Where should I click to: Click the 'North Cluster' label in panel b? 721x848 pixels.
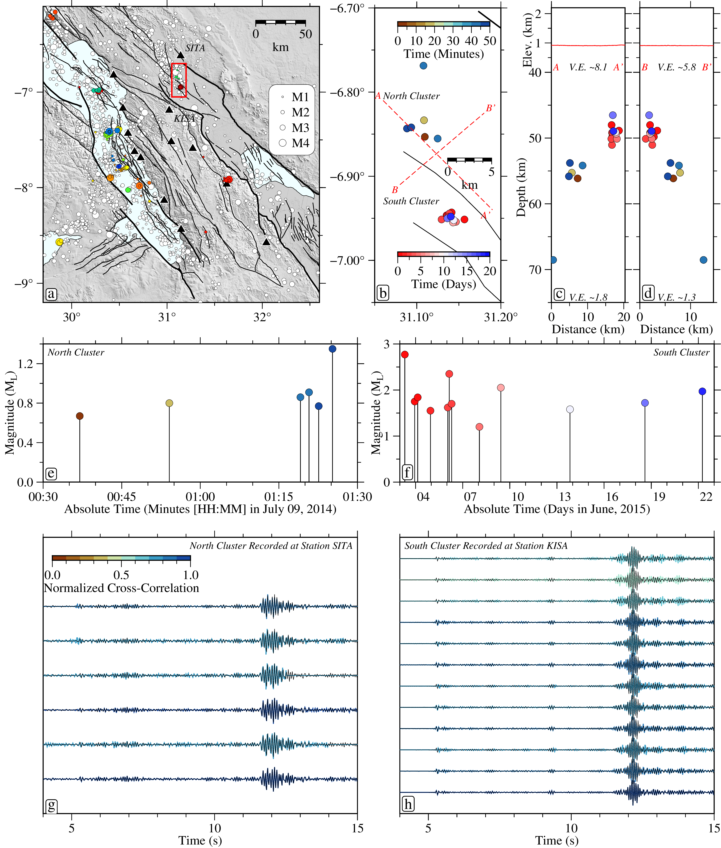coord(411,96)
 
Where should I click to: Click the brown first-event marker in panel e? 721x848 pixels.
coord(80,416)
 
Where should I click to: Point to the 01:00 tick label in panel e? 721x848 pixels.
coord(200,497)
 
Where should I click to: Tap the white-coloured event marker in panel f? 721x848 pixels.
coord(570,409)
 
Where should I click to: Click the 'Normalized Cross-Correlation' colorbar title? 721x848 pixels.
coord(121,588)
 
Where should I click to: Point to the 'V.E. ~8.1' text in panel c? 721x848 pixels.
coord(588,67)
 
